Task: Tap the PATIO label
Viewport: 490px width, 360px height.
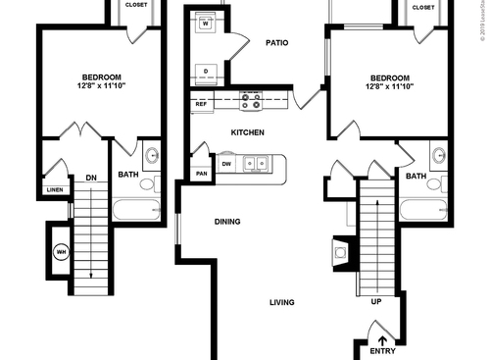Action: click(275, 43)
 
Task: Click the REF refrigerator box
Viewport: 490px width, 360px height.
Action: click(201, 103)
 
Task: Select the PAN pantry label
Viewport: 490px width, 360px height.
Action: click(201, 174)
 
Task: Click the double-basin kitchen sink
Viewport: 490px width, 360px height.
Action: click(254, 164)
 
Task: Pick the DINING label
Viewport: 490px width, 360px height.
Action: click(228, 222)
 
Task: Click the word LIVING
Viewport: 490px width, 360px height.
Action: click(282, 302)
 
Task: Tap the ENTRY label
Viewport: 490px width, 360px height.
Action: click(382, 350)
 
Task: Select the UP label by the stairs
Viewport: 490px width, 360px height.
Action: click(375, 301)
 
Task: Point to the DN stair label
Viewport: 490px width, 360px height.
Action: click(90, 178)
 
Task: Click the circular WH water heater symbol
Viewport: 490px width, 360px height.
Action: click(61, 251)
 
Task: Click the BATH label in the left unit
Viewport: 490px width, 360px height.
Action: click(128, 176)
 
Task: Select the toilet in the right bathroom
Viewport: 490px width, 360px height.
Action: click(437, 183)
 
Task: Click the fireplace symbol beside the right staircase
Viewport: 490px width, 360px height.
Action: click(339, 253)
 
